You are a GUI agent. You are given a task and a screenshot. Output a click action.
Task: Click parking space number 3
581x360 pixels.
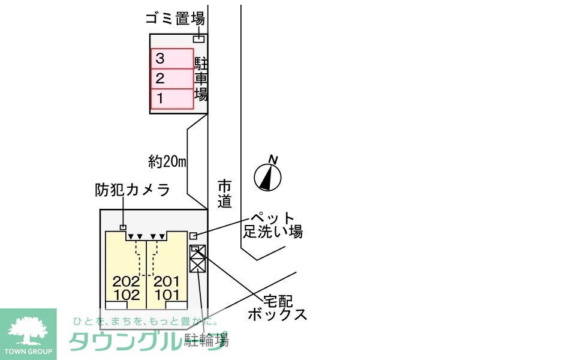coord(171,59)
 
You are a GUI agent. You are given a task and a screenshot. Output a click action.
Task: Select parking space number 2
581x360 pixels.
coord(171,78)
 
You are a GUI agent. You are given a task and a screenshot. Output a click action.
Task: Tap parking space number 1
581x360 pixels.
coord(171,98)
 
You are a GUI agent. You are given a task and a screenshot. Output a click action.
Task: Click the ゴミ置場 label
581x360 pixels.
coord(175,19)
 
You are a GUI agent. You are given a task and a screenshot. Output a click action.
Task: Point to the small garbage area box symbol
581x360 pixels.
coord(199,39)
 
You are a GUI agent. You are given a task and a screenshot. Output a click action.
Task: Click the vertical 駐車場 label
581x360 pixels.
coord(201,79)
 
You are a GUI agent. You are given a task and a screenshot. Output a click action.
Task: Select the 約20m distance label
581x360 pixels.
coord(167,161)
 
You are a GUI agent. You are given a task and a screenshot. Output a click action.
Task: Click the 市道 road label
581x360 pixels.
coord(224,194)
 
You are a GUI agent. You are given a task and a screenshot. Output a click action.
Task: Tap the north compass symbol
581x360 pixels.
coord(269,175)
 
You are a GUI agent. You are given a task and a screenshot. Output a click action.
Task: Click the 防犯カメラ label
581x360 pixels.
coord(133,190)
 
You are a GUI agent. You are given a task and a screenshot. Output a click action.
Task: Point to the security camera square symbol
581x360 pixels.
coord(123,227)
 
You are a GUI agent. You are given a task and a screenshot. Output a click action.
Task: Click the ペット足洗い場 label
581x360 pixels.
coord(273,224)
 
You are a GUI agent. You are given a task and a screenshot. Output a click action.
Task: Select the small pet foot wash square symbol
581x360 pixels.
coord(193,235)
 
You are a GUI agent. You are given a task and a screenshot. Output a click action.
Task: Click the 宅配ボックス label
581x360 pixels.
coord(277,307)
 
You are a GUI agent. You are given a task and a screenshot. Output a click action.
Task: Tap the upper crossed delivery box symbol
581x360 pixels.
coord(197,252)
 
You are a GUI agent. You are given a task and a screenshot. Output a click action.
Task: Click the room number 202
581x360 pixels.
coord(126,281)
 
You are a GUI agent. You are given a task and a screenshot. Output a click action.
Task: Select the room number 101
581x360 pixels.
coord(167,295)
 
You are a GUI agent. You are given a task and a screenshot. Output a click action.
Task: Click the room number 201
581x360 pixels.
coord(167,281)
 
